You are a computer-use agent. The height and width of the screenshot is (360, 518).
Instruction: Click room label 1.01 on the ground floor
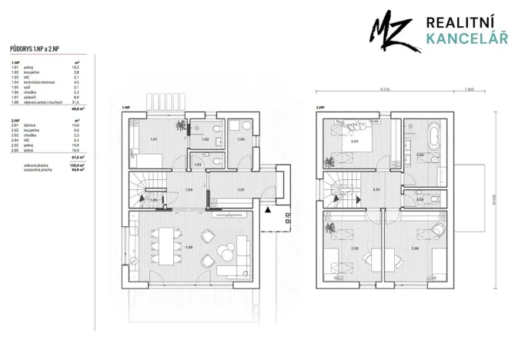pyautogui.click(x=154, y=140)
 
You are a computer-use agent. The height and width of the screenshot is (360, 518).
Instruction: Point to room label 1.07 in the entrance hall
pyautogui.click(x=242, y=189)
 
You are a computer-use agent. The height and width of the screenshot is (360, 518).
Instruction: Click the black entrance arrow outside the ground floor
pyautogui.click(x=267, y=209)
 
